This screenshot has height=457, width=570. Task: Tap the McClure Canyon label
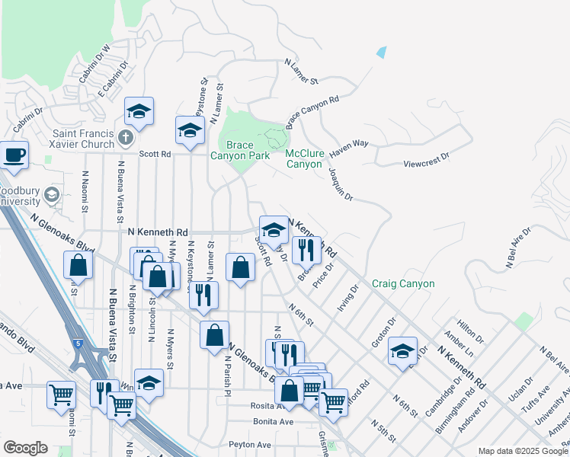(304, 158)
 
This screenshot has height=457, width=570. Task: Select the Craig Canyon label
(403, 284)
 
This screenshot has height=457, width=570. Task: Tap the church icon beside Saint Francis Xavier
(126, 138)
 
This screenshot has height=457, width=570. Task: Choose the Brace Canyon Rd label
(312, 111)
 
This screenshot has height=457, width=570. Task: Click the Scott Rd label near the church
(155, 153)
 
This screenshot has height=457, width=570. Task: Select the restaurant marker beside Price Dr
(306, 250)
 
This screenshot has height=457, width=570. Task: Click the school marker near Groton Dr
(402, 351)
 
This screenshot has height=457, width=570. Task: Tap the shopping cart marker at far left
(61, 394)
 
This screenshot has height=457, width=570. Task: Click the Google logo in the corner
(25, 448)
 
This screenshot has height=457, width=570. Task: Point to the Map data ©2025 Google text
(523, 451)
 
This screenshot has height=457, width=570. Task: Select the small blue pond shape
(381, 53)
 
